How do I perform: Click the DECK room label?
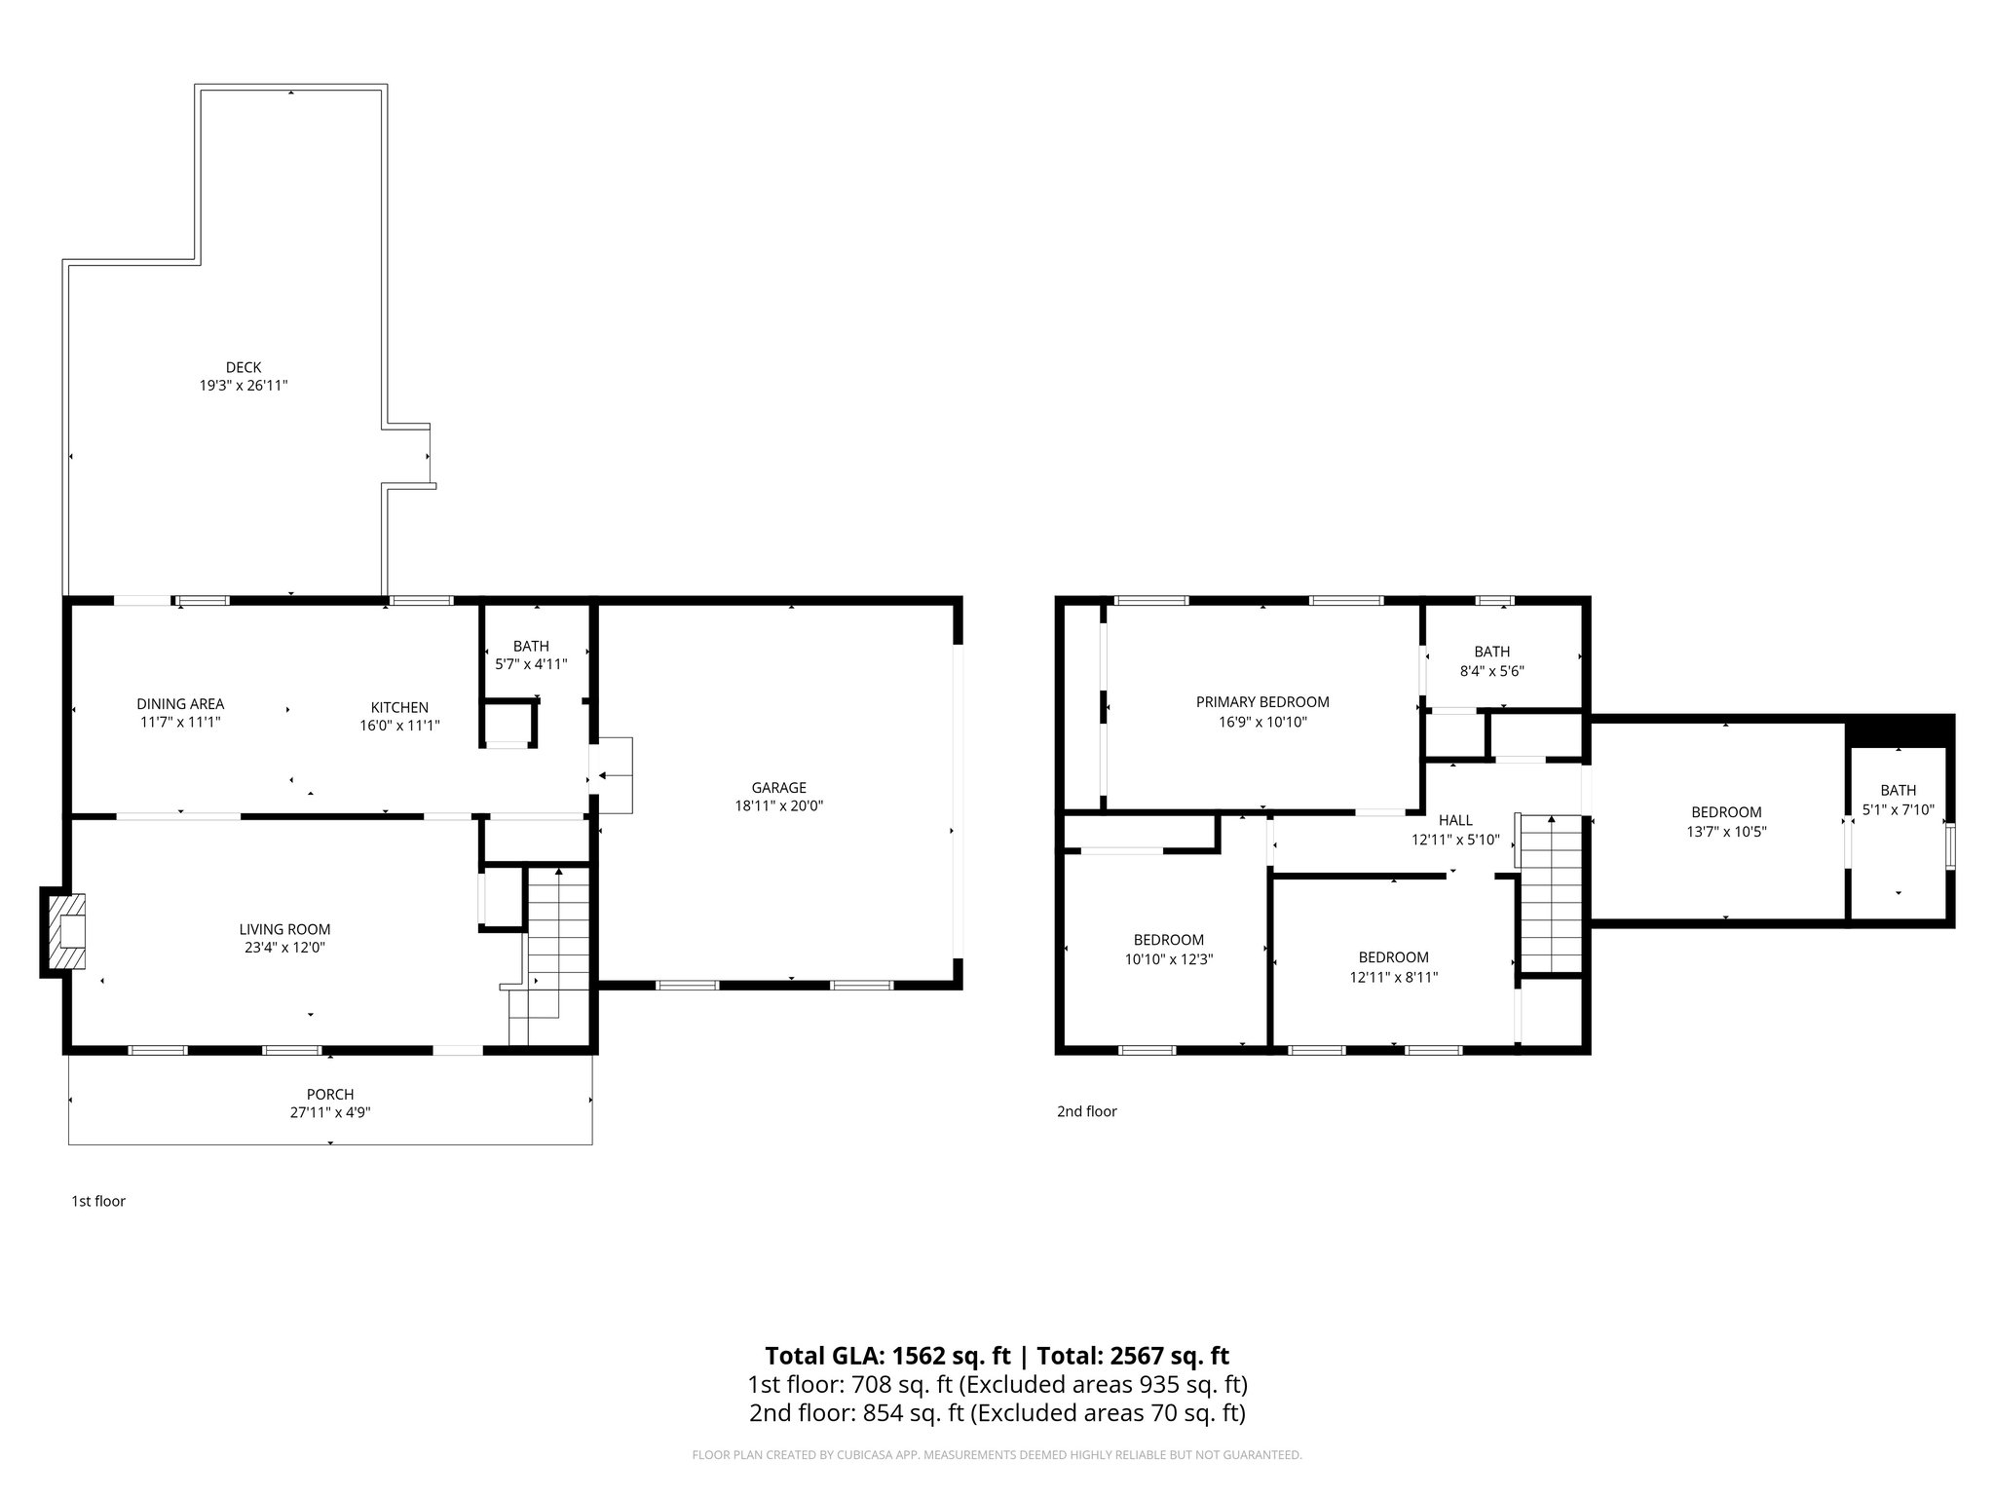point(244,367)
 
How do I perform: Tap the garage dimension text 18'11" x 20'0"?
point(778,805)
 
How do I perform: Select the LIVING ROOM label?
point(284,929)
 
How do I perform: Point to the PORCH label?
point(330,1094)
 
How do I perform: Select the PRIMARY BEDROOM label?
point(1262,701)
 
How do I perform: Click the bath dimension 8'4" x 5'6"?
point(1491,671)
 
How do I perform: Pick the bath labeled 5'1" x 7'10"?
point(1898,800)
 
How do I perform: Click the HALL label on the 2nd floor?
point(1455,820)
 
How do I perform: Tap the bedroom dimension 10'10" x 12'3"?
point(1168,958)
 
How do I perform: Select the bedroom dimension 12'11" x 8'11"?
point(1393,976)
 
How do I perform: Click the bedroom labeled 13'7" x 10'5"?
point(1726,821)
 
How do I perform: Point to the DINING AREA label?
point(180,704)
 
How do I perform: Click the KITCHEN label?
point(399,707)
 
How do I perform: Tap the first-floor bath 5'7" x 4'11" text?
point(531,664)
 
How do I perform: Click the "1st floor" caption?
point(98,1201)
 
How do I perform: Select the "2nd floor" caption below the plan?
point(1086,1110)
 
